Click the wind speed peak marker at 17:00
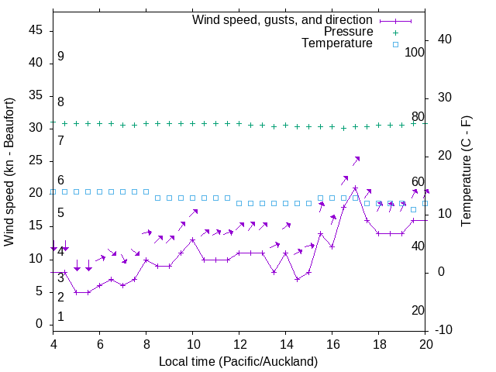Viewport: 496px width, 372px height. click(x=355, y=188)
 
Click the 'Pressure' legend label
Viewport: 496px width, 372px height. click(x=348, y=32)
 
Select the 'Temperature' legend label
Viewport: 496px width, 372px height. click(x=337, y=44)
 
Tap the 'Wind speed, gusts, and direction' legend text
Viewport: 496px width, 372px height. click(x=282, y=19)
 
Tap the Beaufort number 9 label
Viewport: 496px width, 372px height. click(x=60, y=57)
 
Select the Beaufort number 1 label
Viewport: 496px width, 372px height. click(x=60, y=317)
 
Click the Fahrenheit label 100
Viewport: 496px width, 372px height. click(x=415, y=53)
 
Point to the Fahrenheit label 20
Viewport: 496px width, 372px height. click(x=418, y=311)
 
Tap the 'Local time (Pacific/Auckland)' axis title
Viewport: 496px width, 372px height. click(x=238, y=361)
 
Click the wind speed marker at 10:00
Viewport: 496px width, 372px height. click(x=192, y=239)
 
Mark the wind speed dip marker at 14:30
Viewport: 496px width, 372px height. click(x=297, y=279)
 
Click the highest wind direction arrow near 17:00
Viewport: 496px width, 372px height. click(x=356, y=160)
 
